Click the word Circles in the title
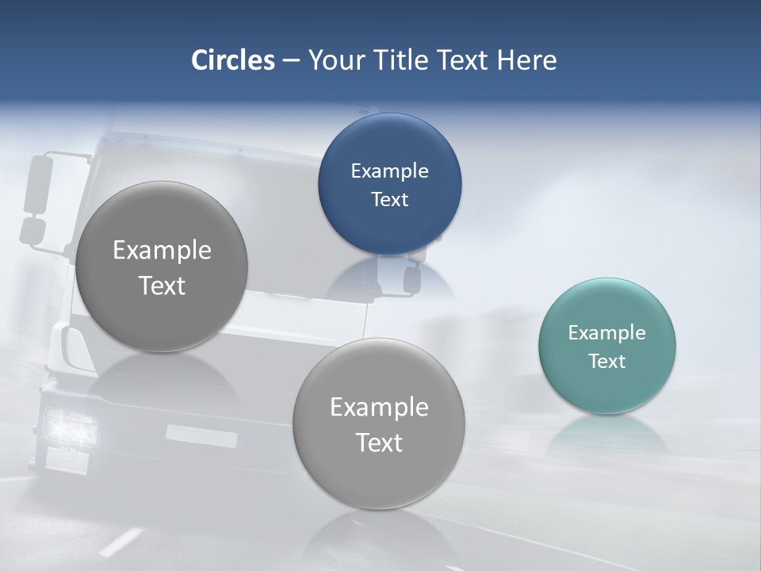click(x=232, y=60)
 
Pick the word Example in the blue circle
click(x=389, y=171)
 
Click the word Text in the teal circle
click(x=606, y=362)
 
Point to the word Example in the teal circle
click(x=606, y=333)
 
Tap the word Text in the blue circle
click(x=389, y=200)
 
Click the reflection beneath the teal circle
click(x=606, y=432)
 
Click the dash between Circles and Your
click(x=291, y=61)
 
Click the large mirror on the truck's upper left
click(x=37, y=184)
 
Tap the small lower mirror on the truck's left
click(x=33, y=231)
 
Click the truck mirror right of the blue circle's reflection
click(x=412, y=279)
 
